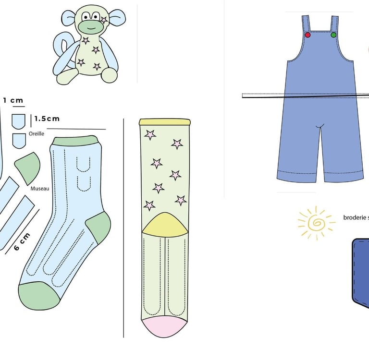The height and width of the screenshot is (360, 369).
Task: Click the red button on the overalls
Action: click(x=307, y=35)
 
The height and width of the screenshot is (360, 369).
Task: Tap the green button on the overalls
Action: click(x=333, y=35)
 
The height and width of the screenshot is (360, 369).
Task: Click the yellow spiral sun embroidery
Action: click(x=316, y=222)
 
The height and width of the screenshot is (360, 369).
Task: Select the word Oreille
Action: click(x=37, y=134)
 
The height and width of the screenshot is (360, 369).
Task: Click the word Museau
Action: click(x=40, y=189)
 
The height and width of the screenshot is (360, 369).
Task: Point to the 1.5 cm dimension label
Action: click(x=47, y=119)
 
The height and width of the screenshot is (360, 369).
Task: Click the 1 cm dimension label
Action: click(x=13, y=101)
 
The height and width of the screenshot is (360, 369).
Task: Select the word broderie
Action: click(x=356, y=217)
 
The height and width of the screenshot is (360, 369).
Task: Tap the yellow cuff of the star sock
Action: click(x=164, y=122)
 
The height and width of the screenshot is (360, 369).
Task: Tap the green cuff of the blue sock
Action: click(x=75, y=141)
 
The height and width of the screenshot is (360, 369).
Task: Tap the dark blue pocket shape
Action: click(x=360, y=271)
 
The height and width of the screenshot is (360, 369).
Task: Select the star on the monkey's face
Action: click(x=104, y=20)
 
